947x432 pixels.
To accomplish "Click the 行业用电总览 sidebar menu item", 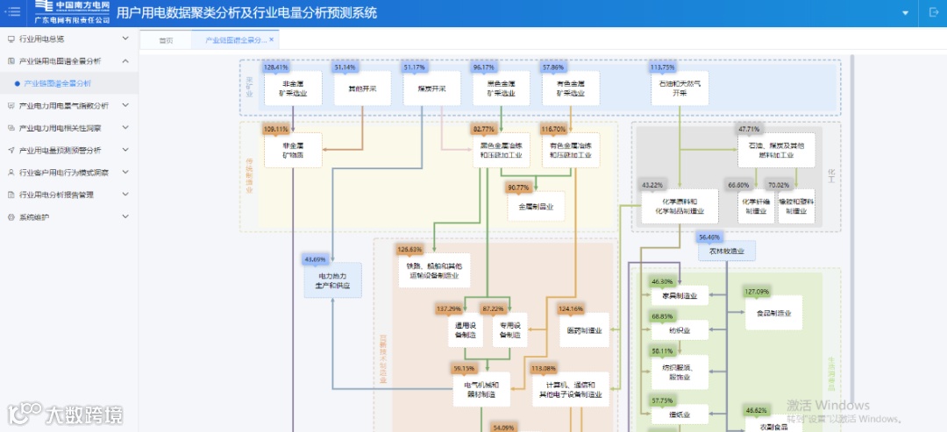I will click(x=42, y=39).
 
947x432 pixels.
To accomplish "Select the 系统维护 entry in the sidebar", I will click(x=35, y=216).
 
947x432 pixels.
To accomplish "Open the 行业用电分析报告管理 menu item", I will click(x=56, y=195).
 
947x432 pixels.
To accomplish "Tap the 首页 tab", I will click(x=166, y=40).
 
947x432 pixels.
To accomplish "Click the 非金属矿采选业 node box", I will click(x=293, y=88).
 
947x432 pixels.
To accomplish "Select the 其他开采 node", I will click(x=361, y=89).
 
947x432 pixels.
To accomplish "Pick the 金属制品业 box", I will click(x=536, y=206).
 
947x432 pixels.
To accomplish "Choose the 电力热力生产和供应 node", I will click(x=332, y=280).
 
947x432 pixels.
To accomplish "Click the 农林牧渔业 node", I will click(x=726, y=251).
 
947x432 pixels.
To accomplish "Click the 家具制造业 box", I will click(x=679, y=296).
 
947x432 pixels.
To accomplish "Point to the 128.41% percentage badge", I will click(x=275, y=67).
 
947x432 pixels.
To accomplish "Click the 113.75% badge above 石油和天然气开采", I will click(x=662, y=67).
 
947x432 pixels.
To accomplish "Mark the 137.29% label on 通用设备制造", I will click(x=448, y=308).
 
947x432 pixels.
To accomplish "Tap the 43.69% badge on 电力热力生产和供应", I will click(x=315, y=259).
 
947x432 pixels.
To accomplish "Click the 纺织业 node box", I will click(x=679, y=331).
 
